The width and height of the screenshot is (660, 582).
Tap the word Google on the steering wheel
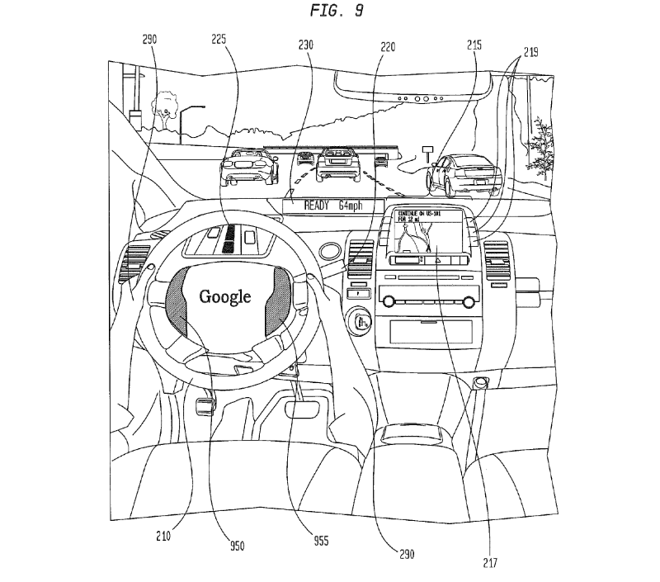tap(225, 296)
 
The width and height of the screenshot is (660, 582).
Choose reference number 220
tap(387, 48)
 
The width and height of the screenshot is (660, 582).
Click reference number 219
tap(530, 51)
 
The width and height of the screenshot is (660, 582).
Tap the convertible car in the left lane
tap(243, 168)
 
